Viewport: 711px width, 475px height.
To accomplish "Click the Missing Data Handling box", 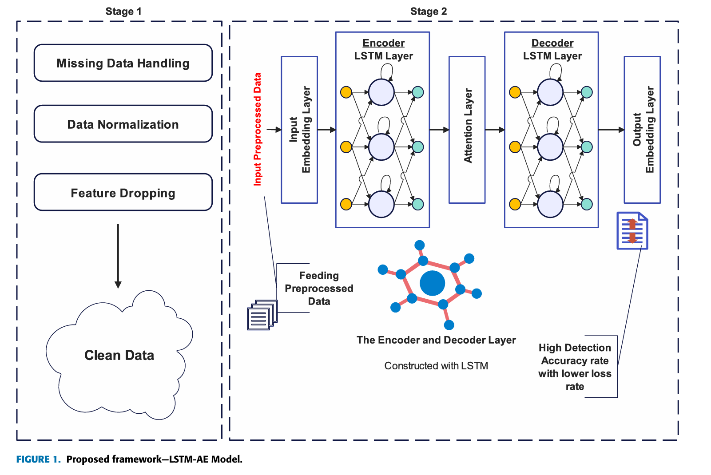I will (123, 63).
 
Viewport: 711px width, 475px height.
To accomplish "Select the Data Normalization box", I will (123, 124).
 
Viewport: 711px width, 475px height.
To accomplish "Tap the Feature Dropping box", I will (123, 192).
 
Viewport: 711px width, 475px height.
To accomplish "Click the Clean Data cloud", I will (119, 355).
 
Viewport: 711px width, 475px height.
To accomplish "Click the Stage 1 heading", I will (123, 12).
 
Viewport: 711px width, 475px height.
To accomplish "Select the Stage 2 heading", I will (429, 12).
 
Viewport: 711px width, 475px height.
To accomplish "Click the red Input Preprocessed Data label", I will (258, 129).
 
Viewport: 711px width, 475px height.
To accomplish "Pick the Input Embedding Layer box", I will (299, 130).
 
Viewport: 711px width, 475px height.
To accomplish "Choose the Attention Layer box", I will (467, 130).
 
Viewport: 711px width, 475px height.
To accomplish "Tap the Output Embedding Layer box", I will (642, 130).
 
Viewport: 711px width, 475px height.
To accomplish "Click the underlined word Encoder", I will (383, 43).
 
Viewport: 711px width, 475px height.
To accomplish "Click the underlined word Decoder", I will (552, 43).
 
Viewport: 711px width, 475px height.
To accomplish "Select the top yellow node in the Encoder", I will (346, 92).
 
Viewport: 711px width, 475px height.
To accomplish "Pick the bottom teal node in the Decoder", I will (587, 204).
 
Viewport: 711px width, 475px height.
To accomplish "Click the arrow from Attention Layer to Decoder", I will (495, 130).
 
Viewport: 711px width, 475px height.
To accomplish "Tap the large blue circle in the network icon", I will (432, 283).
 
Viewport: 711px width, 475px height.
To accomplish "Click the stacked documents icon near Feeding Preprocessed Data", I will (262, 315).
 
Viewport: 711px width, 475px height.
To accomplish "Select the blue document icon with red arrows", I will (632, 231).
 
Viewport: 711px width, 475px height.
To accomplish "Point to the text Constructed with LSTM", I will (436, 366).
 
